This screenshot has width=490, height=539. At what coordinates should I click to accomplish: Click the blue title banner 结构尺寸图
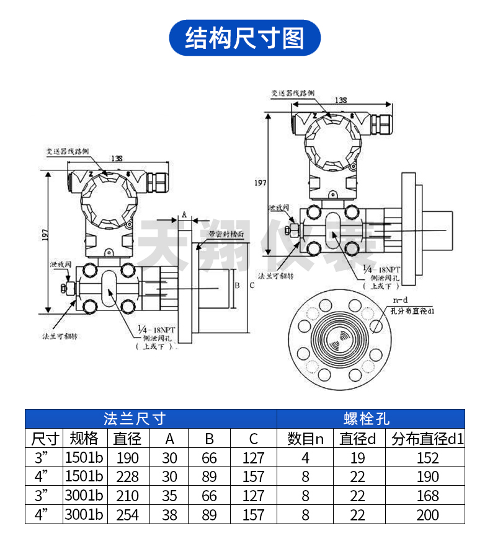click(245, 38)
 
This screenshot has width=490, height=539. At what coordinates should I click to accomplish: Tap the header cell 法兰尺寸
click(150, 419)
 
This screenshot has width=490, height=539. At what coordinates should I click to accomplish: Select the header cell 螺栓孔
click(370, 419)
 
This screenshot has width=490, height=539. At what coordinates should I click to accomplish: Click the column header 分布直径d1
click(428, 439)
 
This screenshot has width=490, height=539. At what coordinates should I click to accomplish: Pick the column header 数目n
click(305, 439)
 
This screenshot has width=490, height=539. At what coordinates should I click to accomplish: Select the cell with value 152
click(428, 458)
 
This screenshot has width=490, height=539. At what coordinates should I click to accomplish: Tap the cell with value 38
click(169, 514)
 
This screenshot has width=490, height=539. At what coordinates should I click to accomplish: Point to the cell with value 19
click(358, 458)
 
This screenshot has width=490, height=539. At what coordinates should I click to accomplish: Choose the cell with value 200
click(428, 514)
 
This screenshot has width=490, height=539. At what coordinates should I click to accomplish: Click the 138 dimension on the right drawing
click(341, 100)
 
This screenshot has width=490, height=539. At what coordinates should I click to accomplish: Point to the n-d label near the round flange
click(399, 300)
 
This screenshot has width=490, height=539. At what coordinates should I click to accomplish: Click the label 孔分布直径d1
click(412, 310)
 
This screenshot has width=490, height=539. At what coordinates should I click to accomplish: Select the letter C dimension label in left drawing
click(251, 286)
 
